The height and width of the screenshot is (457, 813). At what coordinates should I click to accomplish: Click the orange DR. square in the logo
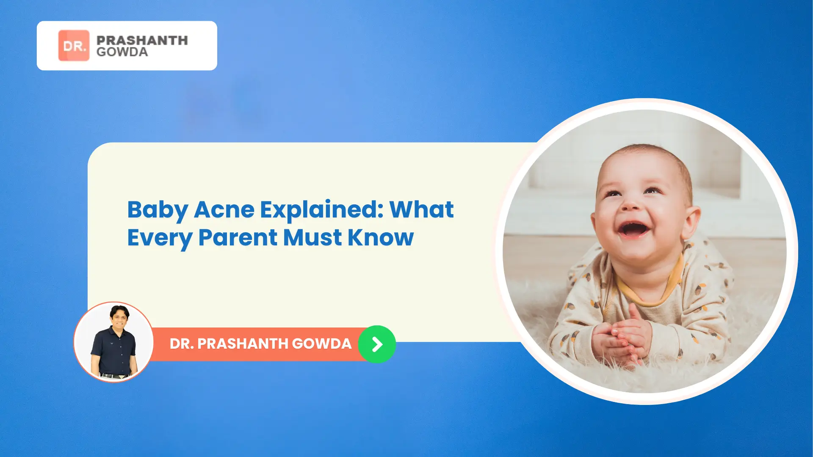[x=74, y=45]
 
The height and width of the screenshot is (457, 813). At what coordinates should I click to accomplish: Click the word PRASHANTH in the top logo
[x=142, y=40]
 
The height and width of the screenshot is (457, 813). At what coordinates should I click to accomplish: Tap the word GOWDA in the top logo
[x=122, y=52]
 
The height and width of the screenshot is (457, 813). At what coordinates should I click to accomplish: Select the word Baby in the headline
[x=158, y=210]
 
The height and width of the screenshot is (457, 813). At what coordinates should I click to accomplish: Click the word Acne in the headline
[x=224, y=210]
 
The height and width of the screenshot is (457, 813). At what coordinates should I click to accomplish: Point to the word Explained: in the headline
[x=322, y=210]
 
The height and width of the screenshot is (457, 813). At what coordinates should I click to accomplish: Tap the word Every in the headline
[x=160, y=238]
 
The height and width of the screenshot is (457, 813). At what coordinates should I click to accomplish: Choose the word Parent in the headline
[x=238, y=237]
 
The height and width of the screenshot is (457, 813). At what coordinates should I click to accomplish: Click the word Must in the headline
[x=312, y=237]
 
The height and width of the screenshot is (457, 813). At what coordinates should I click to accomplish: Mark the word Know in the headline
[x=381, y=237]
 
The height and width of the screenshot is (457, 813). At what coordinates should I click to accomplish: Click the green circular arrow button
[x=377, y=344]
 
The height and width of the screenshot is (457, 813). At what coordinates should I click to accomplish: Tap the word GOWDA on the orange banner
[x=322, y=344]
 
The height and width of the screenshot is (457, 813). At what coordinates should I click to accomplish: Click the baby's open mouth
[x=633, y=230]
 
